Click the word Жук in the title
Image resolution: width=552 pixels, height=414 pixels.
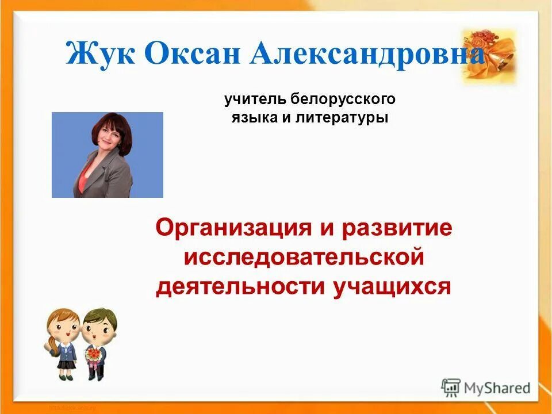(99, 55)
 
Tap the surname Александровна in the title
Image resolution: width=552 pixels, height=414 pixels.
(368, 55)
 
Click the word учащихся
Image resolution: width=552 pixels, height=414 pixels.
(392, 286)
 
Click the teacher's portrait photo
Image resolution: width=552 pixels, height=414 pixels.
(108, 155)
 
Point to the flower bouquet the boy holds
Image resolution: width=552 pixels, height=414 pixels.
(92, 355)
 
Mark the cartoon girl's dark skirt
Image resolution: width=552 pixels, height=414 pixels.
(67, 363)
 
